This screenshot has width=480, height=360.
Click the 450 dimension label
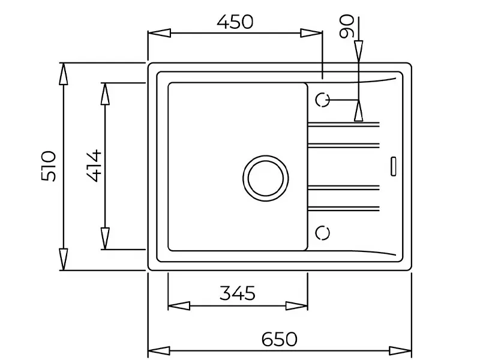[x=235, y=23]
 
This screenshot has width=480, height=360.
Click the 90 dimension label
[x=346, y=27]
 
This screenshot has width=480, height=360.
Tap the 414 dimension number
[x=94, y=166]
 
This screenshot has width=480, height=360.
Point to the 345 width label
[x=238, y=293]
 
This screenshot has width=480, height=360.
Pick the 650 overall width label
[x=279, y=339]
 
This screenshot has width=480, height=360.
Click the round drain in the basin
[x=265, y=178]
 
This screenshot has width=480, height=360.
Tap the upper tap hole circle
[x=323, y=100]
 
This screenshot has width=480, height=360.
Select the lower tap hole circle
[x=323, y=232]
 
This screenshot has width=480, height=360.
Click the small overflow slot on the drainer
[x=393, y=166]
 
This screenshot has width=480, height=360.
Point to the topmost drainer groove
[x=343, y=124]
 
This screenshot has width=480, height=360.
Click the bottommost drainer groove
[x=343, y=209]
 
